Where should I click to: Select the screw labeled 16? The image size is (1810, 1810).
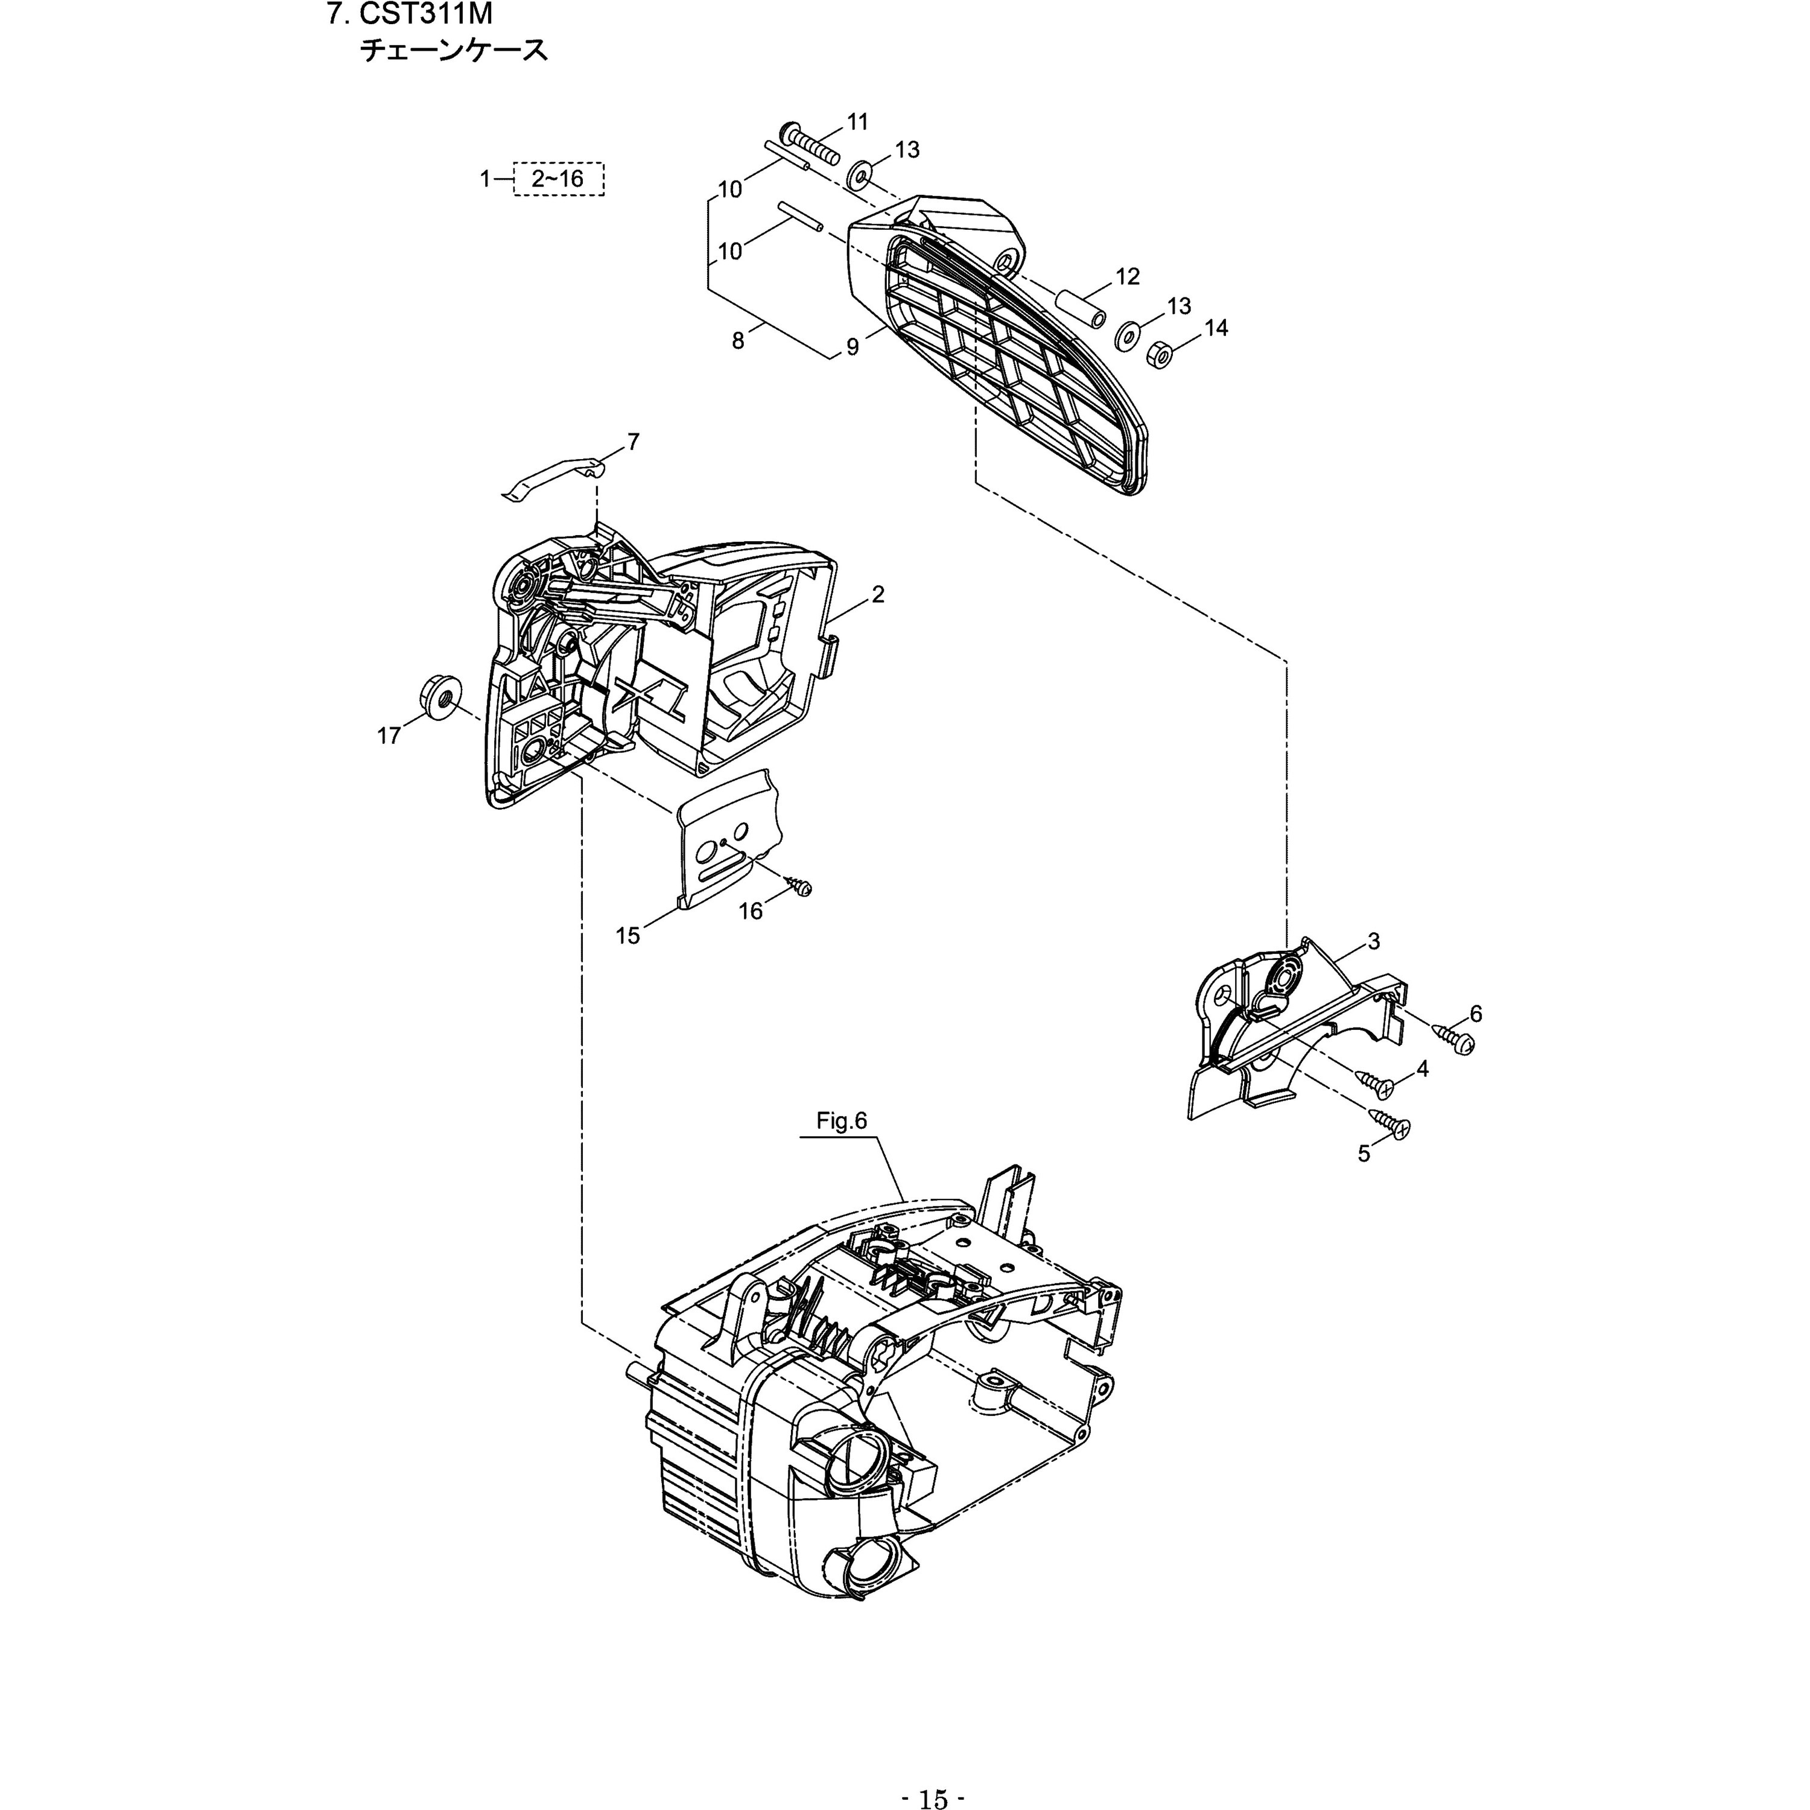click(799, 884)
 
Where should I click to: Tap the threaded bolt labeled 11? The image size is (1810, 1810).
click(812, 147)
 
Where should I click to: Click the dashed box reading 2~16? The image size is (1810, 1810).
click(558, 179)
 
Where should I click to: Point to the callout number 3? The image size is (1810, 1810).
click(1373, 942)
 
